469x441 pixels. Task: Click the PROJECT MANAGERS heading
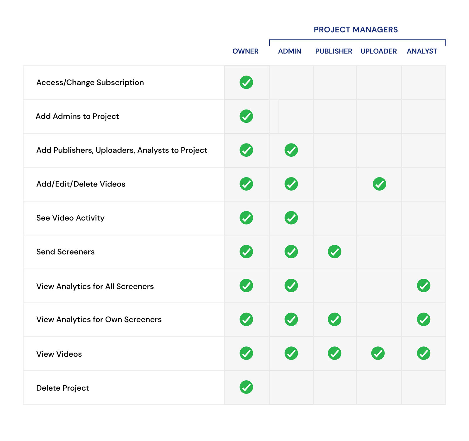tap(356, 30)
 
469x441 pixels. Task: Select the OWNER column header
tap(245, 51)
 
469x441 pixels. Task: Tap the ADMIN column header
tap(290, 51)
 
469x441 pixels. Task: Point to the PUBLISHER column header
tap(334, 51)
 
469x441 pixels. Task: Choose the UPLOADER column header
tap(378, 51)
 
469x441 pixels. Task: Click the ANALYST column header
tap(422, 51)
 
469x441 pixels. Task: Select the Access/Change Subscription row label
tap(90, 83)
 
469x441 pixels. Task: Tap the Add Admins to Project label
tap(77, 117)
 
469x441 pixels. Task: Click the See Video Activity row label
tap(70, 218)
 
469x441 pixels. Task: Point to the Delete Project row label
tap(62, 388)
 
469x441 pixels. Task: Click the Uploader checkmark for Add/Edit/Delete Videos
tap(379, 184)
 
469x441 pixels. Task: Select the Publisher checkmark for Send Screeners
tap(334, 252)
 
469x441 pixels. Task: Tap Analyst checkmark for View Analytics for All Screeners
tap(424, 286)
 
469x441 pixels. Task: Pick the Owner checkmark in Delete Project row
tap(246, 387)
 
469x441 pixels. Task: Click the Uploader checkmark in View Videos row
tap(378, 353)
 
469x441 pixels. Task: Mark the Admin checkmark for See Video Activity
tap(291, 218)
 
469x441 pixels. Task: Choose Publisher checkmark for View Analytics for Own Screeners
tap(334, 319)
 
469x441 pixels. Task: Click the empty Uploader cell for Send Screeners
tap(379, 252)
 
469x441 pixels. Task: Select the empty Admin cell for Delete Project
tap(291, 387)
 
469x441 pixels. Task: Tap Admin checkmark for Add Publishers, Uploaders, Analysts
tap(291, 150)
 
